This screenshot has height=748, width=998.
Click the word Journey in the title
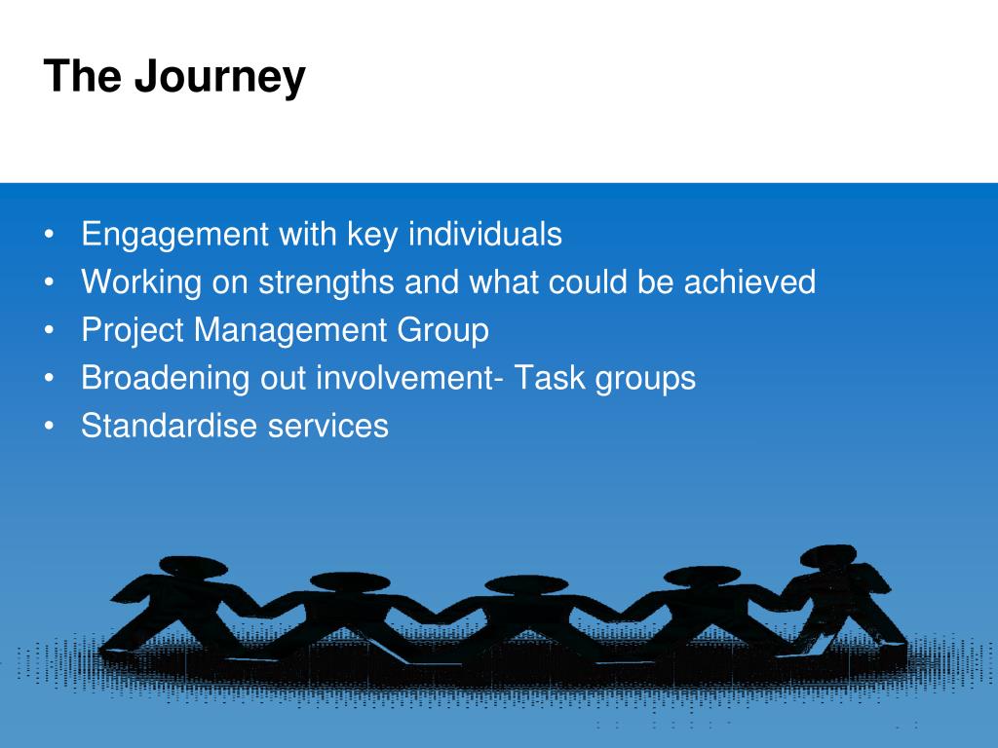[x=219, y=78]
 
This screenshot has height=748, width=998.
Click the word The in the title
[x=82, y=75]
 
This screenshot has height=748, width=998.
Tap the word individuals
[x=485, y=234]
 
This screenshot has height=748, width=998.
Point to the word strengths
[x=326, y=283]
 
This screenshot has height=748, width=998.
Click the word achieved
[x=749, y=281]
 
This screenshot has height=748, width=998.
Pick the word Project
[x=133, y=331]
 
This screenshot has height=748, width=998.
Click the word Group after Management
[x=443, y=331]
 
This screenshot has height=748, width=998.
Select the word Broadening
[x=165, y=379]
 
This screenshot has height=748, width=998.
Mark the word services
[x=328, y=425]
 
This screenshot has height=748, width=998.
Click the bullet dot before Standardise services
[x=50, y=427]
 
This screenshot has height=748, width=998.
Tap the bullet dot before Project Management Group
[x=50, y=331]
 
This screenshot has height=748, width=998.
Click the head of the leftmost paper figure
[x=193, y=566]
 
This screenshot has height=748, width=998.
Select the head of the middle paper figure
[x=526, y=585]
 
